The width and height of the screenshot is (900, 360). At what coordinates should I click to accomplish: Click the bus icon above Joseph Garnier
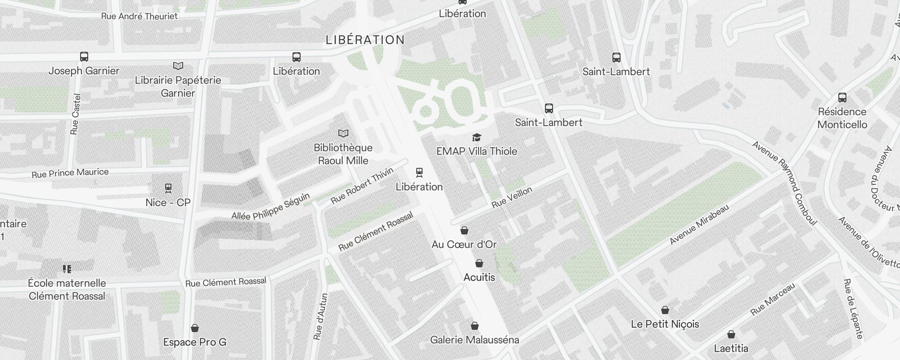coord(84,57)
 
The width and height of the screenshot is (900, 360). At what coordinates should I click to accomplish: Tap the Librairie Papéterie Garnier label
coord(178,86)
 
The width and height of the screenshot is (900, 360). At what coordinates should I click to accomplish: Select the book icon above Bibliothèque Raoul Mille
coord(343,133)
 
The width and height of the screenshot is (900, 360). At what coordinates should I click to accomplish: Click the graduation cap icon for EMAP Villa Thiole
coord(477,137)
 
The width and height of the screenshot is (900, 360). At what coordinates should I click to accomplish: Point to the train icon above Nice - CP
coord(168,188)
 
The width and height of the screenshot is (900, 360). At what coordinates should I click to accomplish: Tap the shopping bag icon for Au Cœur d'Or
coord(464,230)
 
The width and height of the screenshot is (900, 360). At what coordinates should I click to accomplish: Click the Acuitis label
coord(479,277)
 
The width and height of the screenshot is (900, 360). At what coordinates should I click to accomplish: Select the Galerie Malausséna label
coord(475,340)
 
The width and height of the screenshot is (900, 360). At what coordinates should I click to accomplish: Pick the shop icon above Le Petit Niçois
coord(665,310)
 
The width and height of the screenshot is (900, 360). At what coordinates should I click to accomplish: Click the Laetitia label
coord(731,348)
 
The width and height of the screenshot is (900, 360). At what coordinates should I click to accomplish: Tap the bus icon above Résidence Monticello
coord(842,98)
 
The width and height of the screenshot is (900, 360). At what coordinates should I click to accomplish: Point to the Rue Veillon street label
coord(512,198)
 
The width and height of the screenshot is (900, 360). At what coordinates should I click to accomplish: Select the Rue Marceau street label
coord(773,299)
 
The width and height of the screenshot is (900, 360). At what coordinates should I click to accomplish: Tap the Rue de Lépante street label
coord(853,309)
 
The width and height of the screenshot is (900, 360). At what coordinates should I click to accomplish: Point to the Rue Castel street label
coord(75,114)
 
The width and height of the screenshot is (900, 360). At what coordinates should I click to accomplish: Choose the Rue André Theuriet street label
coord(139,16)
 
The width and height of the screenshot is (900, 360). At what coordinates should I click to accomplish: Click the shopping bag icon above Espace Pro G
coord(195,328)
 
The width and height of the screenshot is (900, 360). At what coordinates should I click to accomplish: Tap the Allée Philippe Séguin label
coord(270,207)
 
